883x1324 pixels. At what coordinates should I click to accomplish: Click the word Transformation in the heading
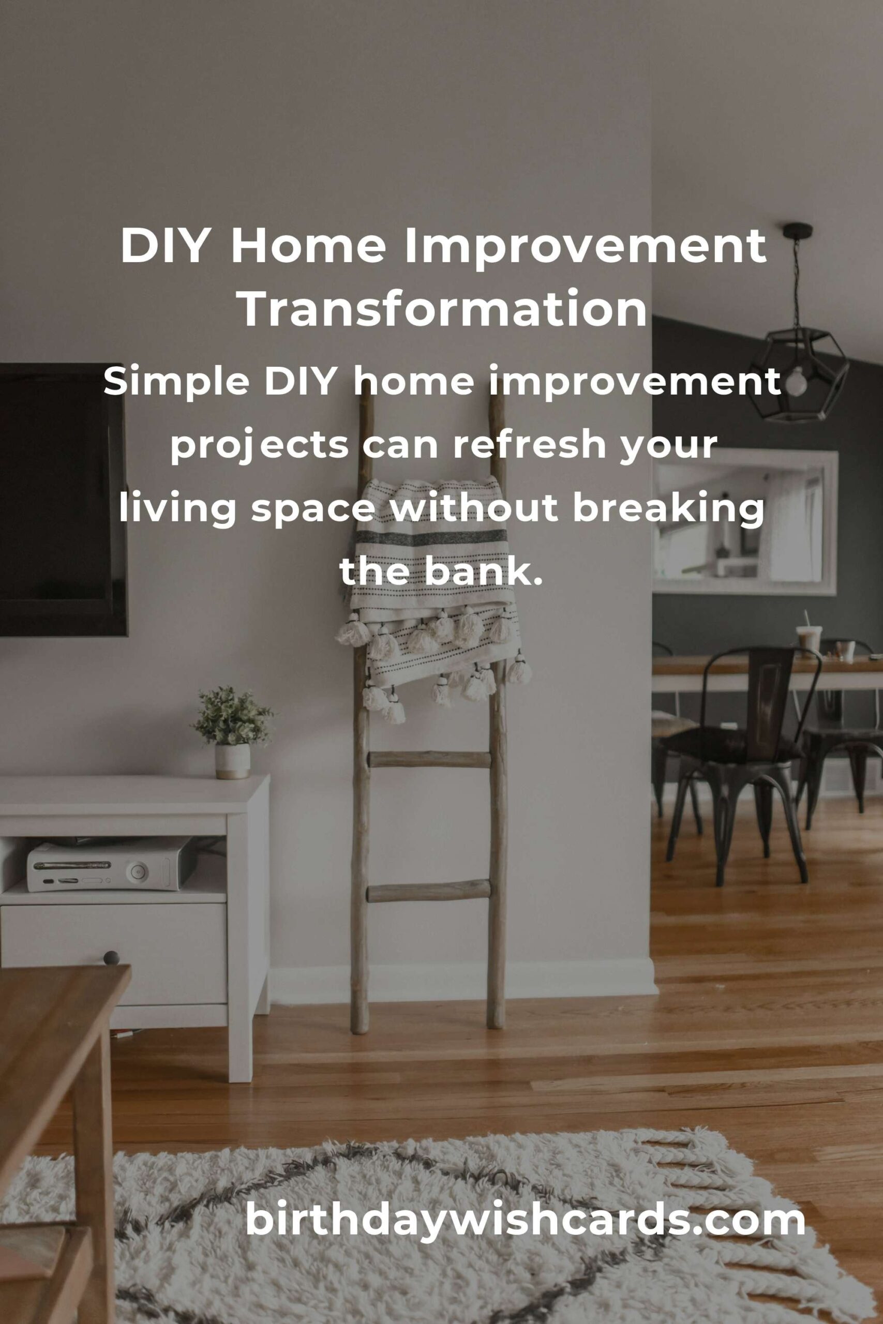[x=444, y=308]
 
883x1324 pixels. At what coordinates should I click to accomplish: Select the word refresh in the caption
[x=529, y=445]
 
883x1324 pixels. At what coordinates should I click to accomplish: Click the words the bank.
[x=441, y=572]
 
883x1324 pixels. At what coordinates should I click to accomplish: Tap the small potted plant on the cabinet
[x=232, y=732]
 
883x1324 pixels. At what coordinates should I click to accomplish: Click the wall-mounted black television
[x=63, y=501]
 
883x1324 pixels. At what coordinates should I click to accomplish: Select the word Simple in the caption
[x=177, y=383]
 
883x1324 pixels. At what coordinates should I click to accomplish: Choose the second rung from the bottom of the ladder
[x=429, y=759]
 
